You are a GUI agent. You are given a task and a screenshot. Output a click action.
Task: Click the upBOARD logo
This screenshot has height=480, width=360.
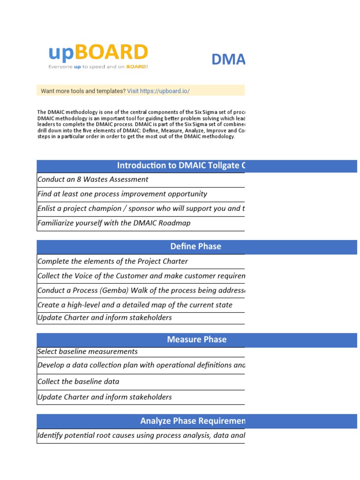pos(98,52)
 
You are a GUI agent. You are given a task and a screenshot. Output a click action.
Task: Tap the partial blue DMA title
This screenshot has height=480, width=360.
pos(228,60)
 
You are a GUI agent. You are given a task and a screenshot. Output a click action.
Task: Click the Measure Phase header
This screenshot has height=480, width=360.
pos(197,339)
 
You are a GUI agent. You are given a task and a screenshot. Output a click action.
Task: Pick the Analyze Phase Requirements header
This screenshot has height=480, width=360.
pos(193,421)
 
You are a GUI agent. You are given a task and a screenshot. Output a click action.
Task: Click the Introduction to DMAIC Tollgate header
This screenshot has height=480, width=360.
pos(181,165)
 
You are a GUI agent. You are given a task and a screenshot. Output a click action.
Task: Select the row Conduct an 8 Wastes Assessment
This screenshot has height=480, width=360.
pos(93,180)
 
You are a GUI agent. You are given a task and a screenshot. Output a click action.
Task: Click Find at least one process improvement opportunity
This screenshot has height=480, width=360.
pos(122,194)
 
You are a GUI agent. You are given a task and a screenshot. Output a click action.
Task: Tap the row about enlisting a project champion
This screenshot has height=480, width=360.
pos(141,209)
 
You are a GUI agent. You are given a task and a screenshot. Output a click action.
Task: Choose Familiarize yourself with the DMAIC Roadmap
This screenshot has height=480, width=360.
pos(114,223)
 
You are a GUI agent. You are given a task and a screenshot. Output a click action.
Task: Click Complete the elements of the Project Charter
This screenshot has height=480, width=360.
pos(112,262)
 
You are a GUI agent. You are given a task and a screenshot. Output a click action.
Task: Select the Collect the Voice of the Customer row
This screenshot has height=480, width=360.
pos(141,276)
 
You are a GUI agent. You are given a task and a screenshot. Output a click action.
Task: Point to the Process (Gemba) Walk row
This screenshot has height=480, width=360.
pos(141,291)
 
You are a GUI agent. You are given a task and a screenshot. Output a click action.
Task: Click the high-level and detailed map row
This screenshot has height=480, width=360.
pos(135,305)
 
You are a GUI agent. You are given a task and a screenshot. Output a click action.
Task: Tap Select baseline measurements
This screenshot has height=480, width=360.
pos(88,352)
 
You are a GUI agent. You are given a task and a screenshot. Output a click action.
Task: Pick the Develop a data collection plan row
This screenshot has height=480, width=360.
pos(141,365)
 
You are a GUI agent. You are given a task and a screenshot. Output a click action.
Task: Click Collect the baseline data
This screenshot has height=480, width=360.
pos(78,382)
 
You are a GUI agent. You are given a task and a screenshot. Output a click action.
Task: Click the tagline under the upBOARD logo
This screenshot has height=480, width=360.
pos(98,67)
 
